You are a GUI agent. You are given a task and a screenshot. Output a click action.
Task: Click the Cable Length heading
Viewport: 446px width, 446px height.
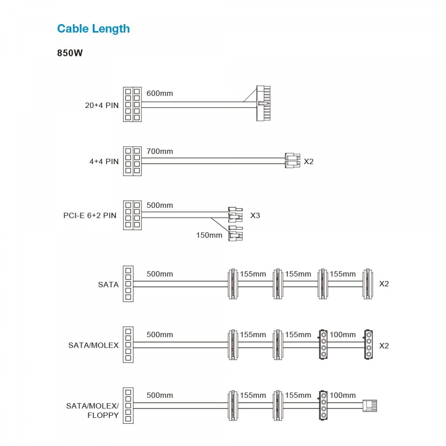[93, 29]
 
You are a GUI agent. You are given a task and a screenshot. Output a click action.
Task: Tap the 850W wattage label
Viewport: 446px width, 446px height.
[70, 53]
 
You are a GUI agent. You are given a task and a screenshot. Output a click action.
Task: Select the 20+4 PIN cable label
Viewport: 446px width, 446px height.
[102, 105]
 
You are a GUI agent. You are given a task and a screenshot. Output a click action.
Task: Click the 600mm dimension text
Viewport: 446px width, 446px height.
[160, 93]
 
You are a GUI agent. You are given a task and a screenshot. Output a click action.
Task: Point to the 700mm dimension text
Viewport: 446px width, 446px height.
[160, 151]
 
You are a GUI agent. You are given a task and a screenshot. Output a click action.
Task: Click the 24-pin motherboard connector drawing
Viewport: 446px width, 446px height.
[263, 103]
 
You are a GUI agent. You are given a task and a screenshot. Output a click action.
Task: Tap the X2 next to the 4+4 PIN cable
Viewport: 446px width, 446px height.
[309, 161]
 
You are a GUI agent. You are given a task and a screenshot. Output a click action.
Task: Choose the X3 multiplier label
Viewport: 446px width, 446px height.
[255, 215]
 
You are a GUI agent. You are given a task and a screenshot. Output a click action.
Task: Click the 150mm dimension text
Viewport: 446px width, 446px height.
[209, 235]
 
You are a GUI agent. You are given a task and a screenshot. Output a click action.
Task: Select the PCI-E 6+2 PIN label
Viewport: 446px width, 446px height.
[90, 216]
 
